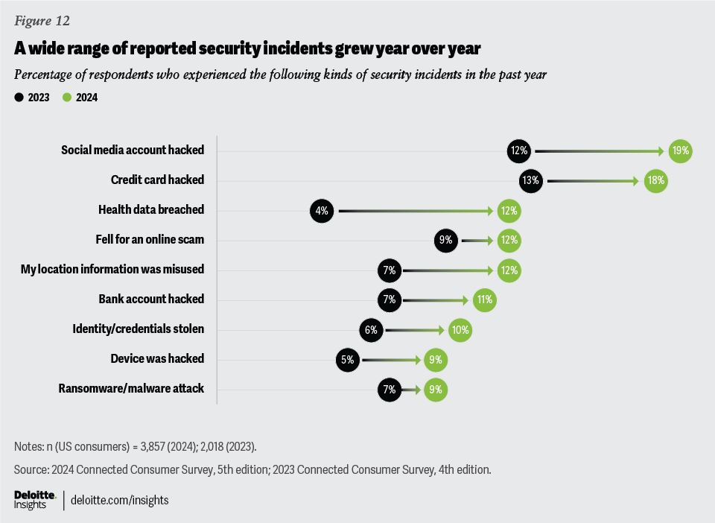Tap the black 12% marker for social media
[518, 150]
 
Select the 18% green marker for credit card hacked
[655, 180]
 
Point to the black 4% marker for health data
[322, 210]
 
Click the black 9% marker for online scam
[445, 240]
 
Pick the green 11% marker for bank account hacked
[483, 299]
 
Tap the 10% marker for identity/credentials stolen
[460, 329]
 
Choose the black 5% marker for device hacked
[348, 359]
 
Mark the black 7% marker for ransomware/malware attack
[389, 389]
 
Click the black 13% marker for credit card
[533, 180]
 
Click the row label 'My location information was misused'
[112, 269]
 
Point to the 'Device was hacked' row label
[157, 358]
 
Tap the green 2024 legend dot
[66, 97]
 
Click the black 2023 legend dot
[18, 97]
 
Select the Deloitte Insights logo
[34, 499]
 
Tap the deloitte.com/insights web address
[119, 500]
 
